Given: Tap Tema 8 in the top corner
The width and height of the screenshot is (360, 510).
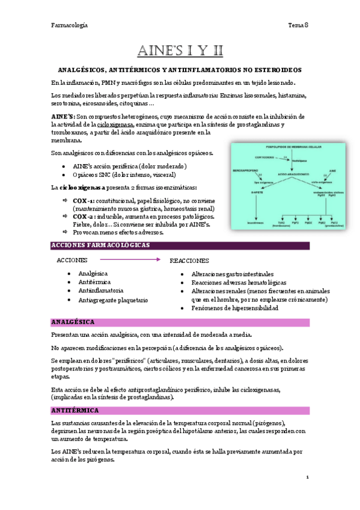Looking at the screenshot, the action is coord(298,25).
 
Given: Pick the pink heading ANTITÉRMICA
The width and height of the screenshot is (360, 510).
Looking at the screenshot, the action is coord(75,410).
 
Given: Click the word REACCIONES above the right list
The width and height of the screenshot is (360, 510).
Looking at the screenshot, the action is coord(189,261).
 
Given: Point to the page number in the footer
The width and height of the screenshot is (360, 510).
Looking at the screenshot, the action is coord(307,478).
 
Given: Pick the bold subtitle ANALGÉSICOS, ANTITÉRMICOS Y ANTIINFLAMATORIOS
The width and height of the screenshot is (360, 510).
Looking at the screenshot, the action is coord(179,70).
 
